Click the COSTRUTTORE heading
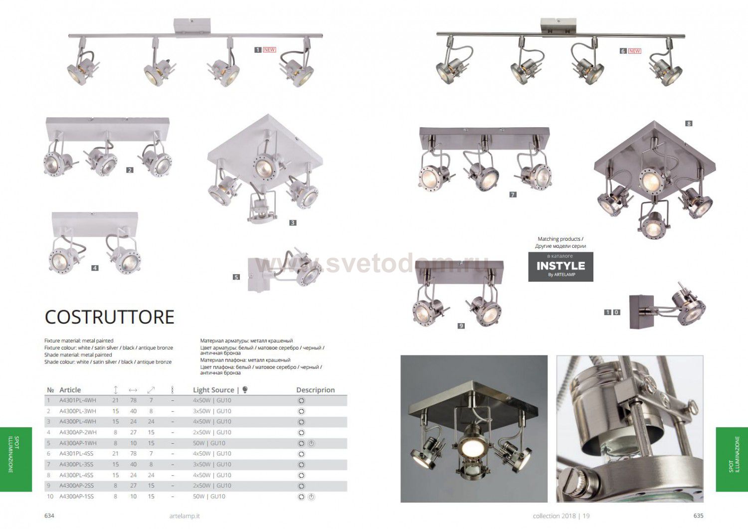[109, 317]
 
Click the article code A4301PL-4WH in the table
[78, 400]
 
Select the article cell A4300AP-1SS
[76, 497]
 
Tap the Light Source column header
[213, 390]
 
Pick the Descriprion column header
[315, 390]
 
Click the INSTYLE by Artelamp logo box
[561, 267]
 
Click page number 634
[49, 516]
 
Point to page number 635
[698, 516]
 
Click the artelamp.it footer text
[185, 516]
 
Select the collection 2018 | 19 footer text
[561, 516]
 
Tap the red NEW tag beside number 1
[269, 50]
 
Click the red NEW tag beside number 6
[634, 51]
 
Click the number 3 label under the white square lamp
[293, 223]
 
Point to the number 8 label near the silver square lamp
[689, 124]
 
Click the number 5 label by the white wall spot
[236, 277]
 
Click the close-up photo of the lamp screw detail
[629, 428]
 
